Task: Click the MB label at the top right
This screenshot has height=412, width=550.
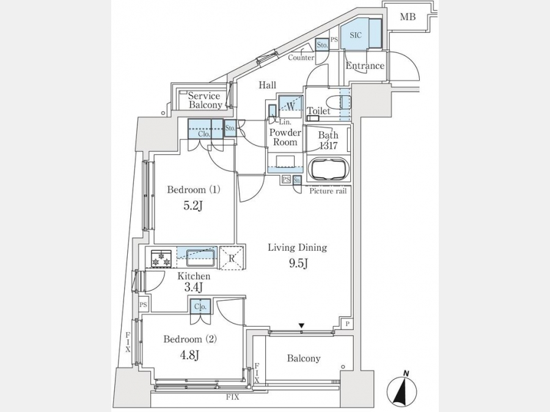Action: coord(408,17)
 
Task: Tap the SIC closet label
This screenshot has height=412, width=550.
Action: coord(356,35)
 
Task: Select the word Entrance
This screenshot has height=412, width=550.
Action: coord(365,66)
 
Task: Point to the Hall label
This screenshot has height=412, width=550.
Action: coord(267,85)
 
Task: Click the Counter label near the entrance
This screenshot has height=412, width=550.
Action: coord(301,58)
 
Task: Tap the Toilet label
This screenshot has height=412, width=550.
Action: coord(318,111)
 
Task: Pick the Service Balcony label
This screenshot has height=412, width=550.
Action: coord(205,100)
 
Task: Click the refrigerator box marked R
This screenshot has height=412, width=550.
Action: coord(232,258)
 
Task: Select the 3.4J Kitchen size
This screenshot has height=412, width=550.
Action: coord(194,287)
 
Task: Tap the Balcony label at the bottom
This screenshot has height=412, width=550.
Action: coord(304,358)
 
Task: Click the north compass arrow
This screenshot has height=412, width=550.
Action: coord(403,389)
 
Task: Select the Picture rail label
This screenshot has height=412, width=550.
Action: coord(328,191)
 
